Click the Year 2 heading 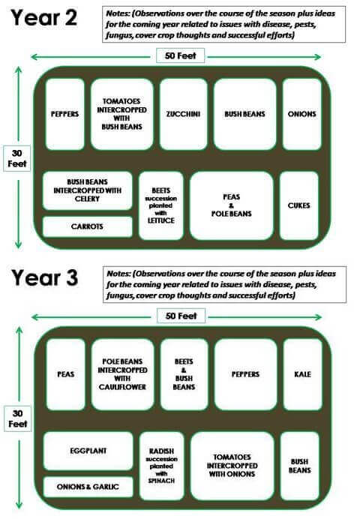pos(44,17)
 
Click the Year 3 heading pos(45,277)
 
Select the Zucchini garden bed pos(183,114)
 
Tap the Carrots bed pos(87,226)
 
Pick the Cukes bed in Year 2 pos(299,205)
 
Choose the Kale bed pos(303,374)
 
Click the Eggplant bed pos(88,451)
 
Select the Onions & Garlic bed pos(88,487)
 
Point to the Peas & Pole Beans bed pos(232,205)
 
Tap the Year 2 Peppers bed pos(64,114)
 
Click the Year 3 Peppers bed pos(245,374)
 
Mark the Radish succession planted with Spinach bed pos(161,466)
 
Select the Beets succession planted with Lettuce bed pos(161,205)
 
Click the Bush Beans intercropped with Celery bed pos(87,190)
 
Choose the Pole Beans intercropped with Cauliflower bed pos(122,374)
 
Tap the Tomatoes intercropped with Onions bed pos(232,466)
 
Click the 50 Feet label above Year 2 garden pos(180,55)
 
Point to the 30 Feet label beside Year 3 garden pos(17,418)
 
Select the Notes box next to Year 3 pos(225,284)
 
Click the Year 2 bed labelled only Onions pos(301,114)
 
